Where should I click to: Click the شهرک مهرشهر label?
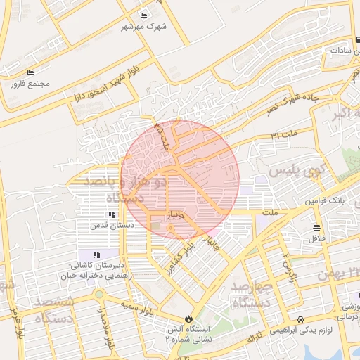(x=136, y=27)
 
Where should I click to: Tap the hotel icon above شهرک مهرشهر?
(x=144, y=15)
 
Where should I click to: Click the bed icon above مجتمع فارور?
(x=30, y=72)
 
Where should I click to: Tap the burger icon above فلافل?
(x=316, y=228)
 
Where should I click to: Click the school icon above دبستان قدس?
(x=112, y=215)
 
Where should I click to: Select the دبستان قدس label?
(x=107, y=226)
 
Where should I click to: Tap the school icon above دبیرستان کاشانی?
(x=96, y=255)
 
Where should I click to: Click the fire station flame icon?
(x=188, y=319)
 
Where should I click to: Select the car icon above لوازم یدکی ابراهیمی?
(x=301, y=319)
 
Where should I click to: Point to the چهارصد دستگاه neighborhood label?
(x=250, y=295)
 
